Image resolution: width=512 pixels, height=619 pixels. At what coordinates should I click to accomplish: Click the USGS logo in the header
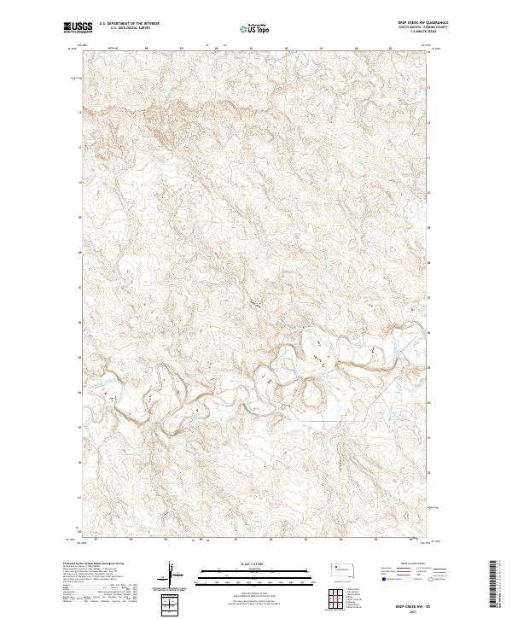(78, 27)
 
